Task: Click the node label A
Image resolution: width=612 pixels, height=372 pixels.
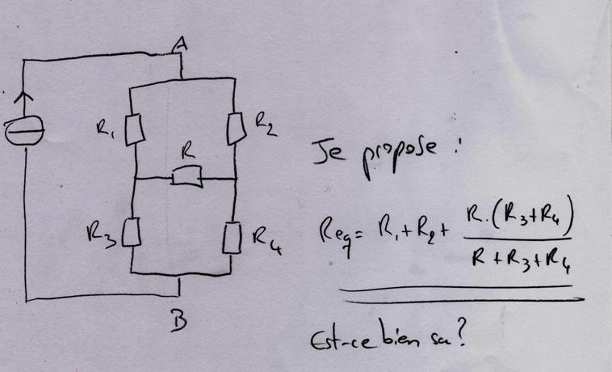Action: pyautogui.click(x=182, y=49)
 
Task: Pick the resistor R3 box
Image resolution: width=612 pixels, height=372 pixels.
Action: pyautogui.click(x=136, y=235)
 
